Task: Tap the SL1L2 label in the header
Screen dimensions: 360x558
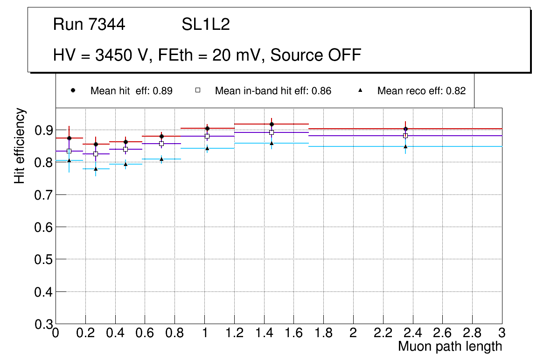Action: pyautogui.click(x=206, y=25)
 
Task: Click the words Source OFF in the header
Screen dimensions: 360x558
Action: pyautogui.click(x=316, y=55)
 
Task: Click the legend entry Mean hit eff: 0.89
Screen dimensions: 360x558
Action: pyautogui.click(x=131, y=91)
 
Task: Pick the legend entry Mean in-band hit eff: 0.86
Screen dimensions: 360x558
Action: pyautogui.click(x=273, y=91)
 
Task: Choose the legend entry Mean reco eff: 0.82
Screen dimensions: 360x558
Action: pyautogui.click(x=421, y=91)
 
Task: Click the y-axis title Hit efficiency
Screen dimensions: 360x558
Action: pyautogui.click(x=20, y=145)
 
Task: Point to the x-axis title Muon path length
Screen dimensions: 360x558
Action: pyautogui.click(x=450, y=346)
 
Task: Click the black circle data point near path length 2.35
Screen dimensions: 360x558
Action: pyautogui.click(x=405, y=129)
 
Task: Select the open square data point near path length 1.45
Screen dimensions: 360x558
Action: pyautogui.click(x=272, y=132)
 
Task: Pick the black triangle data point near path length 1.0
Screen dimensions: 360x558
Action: pyautogui.click(x=207, y=148)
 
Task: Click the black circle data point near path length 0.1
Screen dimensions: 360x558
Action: pyautogui.click(x=69, y=138)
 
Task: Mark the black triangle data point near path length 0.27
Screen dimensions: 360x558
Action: pyautogui.click(x=96, y=169)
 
